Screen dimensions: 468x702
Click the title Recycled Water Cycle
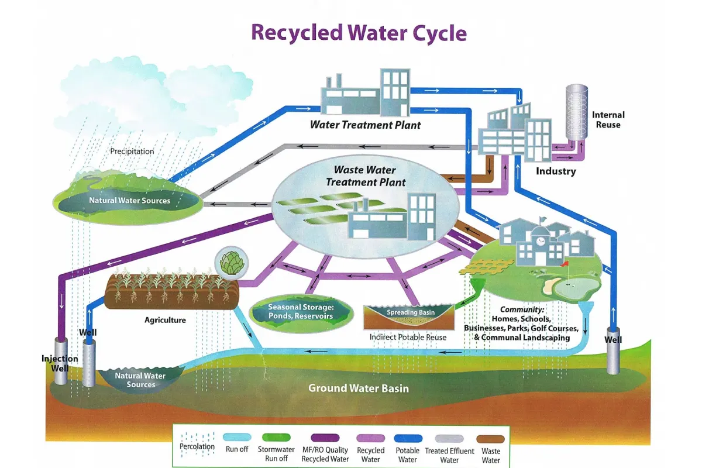coord(359,32)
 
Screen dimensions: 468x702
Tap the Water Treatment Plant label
coord(365,125)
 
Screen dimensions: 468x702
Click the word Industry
coord(556,171)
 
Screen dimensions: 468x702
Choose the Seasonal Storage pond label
coord(300,311)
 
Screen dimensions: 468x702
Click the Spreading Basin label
coord(411,312)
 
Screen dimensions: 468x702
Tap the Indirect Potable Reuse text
coord(408,337)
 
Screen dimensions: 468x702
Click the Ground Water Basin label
coord(359,388)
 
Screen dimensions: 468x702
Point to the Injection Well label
coord(59,363)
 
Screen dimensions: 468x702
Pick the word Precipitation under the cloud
coord(132,151)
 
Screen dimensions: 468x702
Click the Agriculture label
coord(165,320)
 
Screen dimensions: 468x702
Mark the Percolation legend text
coord(197,447)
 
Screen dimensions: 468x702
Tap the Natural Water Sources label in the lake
coord(129,201)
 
